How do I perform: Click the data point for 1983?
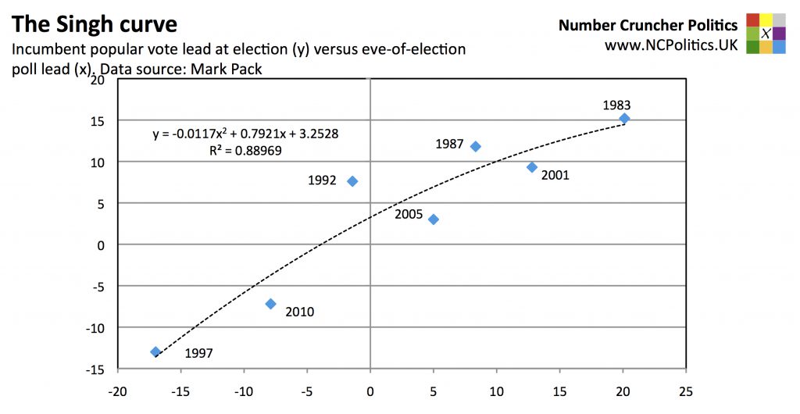624,119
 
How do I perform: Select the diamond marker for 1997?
155,352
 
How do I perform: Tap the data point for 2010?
270,304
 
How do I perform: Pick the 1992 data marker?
352,181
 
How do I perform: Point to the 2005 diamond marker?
434,219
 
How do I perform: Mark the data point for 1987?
475,146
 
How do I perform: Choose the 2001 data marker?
532,167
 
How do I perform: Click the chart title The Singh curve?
94,23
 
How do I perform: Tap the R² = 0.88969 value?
245,151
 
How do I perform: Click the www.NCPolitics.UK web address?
671,45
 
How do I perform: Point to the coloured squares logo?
766,33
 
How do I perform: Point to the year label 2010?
299,312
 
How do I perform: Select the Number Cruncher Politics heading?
648,26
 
